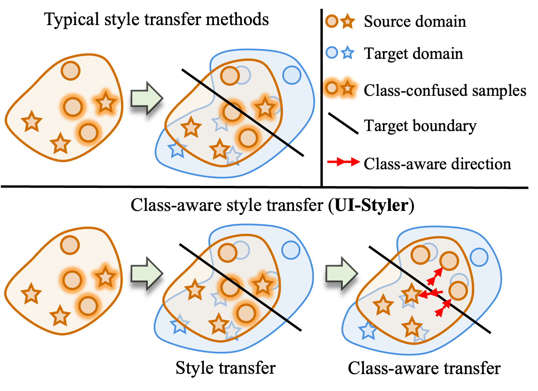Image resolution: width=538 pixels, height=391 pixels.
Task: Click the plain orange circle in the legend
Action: point(332,21)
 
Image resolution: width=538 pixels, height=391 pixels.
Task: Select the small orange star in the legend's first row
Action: point(348,21)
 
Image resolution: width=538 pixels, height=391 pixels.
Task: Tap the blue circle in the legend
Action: point(332,52)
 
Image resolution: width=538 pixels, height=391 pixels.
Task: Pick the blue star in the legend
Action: point(348,53)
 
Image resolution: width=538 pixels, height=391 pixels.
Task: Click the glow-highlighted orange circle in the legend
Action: point(332,88)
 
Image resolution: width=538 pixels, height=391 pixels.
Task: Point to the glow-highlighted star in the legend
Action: point(348,88)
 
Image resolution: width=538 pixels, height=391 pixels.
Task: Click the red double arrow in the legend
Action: point(343,162)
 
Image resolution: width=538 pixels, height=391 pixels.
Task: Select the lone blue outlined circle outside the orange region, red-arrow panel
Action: point(479,257)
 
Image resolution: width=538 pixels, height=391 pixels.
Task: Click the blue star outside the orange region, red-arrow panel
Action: point(368,331)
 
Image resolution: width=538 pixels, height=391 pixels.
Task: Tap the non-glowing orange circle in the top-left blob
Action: point(70,71)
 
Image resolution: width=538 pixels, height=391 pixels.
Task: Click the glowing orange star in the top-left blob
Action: point(106,103)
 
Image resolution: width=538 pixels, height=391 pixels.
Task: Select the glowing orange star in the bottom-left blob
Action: point(105,277)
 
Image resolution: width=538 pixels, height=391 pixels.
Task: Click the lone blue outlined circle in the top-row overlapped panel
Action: point(292,75)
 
